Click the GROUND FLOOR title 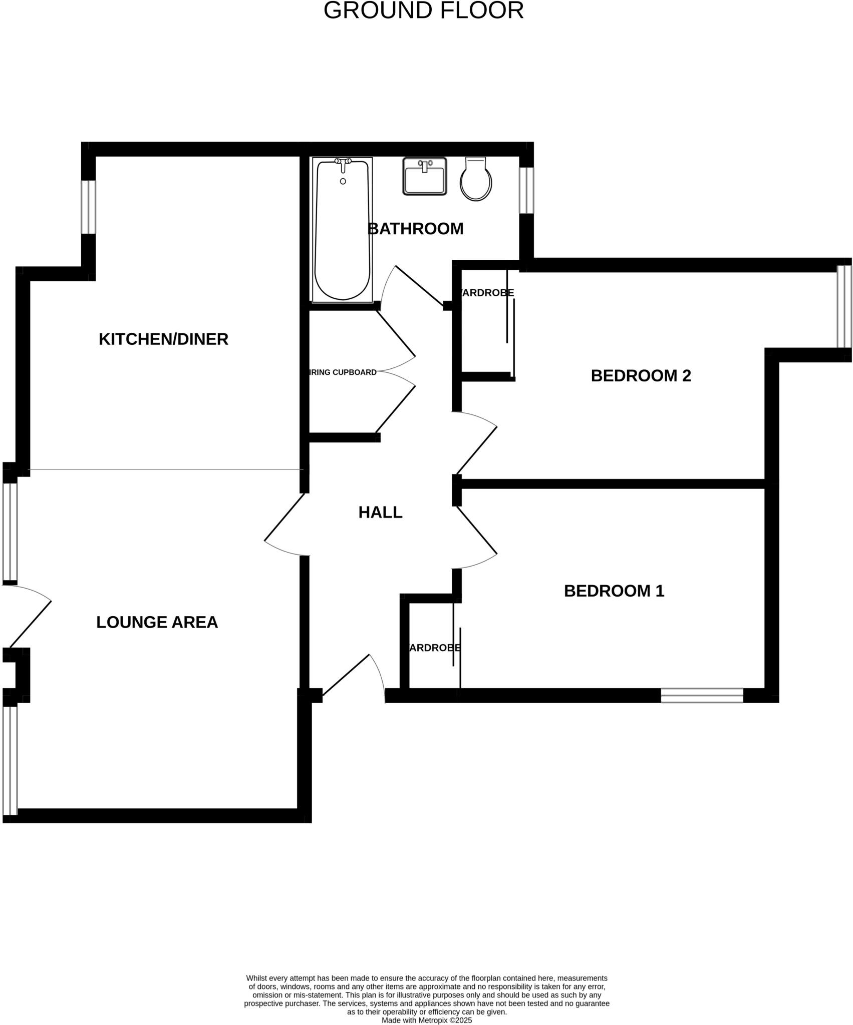[x=423, y=11]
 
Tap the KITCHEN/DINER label [x=163, y=339]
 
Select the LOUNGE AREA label [x=157, y=622]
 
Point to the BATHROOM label [x=415, y=229]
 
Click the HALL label [x=380, y=512]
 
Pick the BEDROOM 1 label [x=614, y=591]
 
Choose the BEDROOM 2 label [x=641, y=376]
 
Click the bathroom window [x=526, y=190]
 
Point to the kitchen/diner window [x=88, y=207]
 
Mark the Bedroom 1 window [x=702, y=696]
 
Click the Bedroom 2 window [x=844, y=306]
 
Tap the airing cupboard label [x=343, y=372]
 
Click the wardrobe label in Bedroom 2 [x=487, y=293]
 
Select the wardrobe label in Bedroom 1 [x=434, y=648]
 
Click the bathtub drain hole [x=343, y=181]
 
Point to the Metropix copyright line [x=426, y=1020]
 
